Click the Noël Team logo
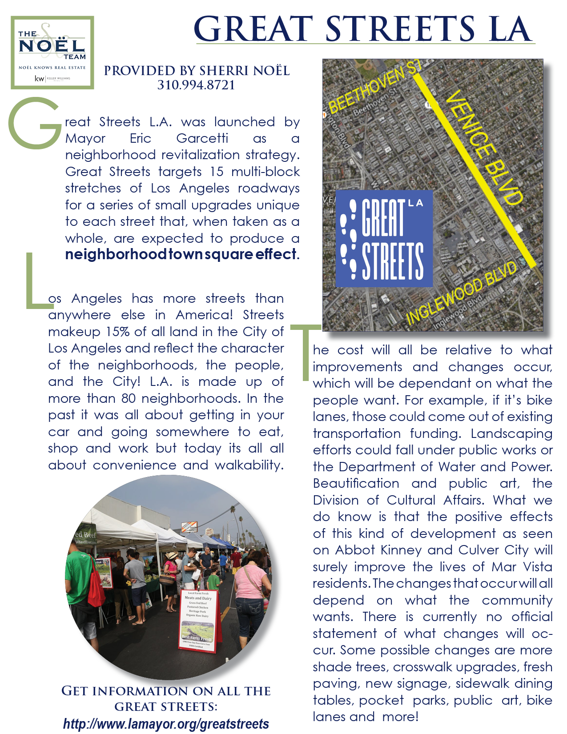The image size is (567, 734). [x=52, y=52]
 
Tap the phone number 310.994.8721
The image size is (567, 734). [x=196, y=85]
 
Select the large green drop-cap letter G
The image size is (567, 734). [x=35, y=123]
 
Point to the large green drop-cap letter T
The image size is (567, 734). [x=306, y=351]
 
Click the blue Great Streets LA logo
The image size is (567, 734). [x=384, y=238]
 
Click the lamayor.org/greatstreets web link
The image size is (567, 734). [x=166, y=724]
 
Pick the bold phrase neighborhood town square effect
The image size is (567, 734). [x=181, y=254]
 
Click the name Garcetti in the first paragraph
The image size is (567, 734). [x=202, y=138]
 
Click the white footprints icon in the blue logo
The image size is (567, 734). [x=349, y=238]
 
